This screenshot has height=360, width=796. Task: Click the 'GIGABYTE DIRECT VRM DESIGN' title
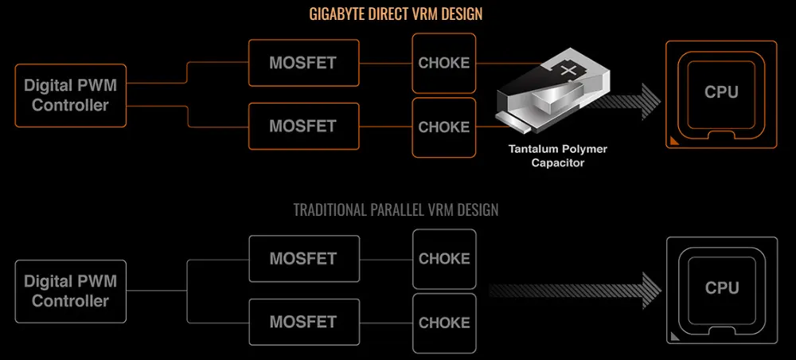coord(396,14)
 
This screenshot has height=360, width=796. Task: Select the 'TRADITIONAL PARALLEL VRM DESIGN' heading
coord(396,210)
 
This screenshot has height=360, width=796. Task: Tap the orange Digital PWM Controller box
coord(70,95)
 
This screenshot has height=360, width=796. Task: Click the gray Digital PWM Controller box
coord(70,291)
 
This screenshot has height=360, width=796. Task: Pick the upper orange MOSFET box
coord(303,63)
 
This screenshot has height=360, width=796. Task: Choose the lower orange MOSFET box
coord(303,126)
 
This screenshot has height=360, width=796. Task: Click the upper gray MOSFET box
coord(303,259)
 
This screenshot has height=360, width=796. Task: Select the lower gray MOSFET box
coord(303,322)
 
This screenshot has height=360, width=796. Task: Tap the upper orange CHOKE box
coord(443,63)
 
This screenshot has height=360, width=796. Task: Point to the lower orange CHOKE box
coord(443,127)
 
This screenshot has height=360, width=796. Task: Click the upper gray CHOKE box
coord(443,259)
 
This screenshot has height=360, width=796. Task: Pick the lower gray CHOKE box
coord(443,323)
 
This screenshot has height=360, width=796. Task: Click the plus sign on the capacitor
coord(568,72)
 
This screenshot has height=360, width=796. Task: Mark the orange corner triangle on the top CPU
coord(674,142)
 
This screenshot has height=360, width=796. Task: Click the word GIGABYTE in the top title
coord(336,14)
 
